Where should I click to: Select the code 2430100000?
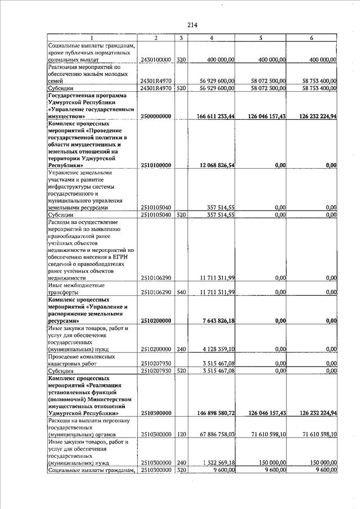pos(155,59)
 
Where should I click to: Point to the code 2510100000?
pos(156,165)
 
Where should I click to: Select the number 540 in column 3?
pos(181,292)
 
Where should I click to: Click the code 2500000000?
pos(156,116)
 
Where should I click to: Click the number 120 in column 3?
pos(181,435)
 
